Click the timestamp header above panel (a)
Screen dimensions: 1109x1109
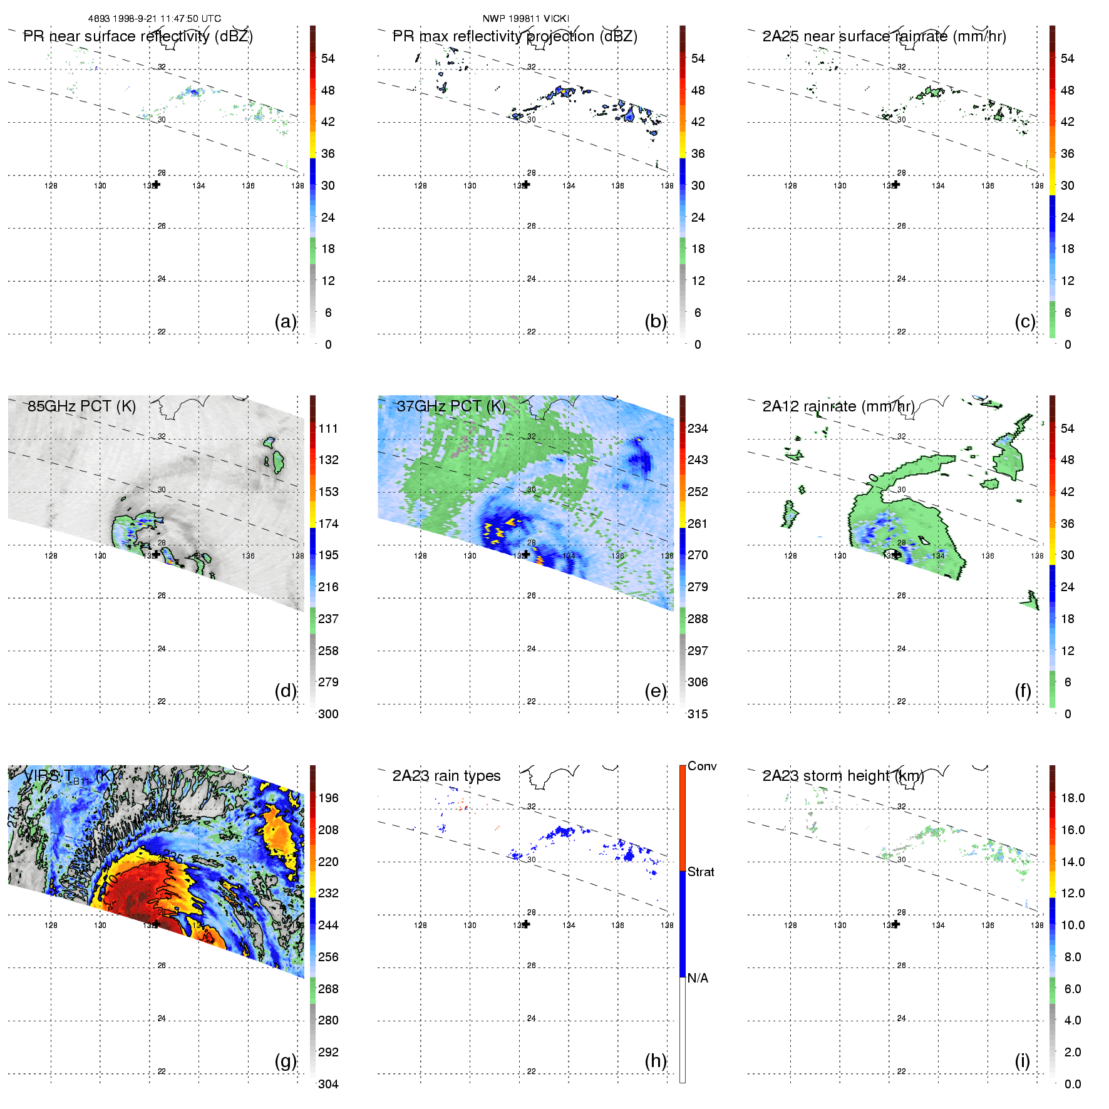pos(155,19)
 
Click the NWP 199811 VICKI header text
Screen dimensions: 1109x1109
pos(525,19)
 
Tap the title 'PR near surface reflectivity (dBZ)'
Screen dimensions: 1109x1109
pos(138,36)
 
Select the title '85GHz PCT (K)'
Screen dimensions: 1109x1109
pos(81,406)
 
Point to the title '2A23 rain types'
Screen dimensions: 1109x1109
pos(446,776)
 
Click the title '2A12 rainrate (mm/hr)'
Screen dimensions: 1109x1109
pos(838,406)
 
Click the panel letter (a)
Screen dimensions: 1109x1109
pos(286,321)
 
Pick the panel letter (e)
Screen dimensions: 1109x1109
pos(656,691)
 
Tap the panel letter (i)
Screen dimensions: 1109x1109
pos(1022,1061)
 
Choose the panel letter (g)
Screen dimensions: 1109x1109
pos(286,1061)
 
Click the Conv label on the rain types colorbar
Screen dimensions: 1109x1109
pos(702,766)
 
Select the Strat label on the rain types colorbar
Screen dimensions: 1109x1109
pos(701,872)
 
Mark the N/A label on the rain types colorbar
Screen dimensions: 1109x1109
pos(698,978)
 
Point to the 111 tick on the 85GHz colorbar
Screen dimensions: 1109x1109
pos(328,428)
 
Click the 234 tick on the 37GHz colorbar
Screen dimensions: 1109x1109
pos(698,428)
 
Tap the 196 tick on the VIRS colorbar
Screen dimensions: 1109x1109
pos(328,798)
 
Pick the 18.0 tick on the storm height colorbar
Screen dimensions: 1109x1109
pos(1072,798)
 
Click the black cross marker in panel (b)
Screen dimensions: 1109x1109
pos(526,185)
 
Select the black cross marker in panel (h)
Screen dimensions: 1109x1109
pos(526,924)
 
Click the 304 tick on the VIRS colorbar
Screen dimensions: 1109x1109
pos(328,1084)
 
